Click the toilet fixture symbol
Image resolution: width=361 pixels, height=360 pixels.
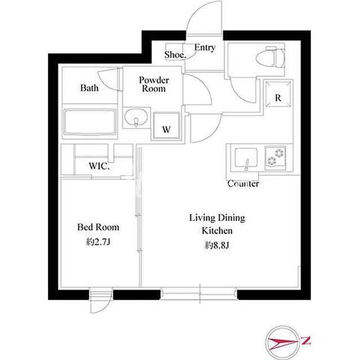tap(270, 57)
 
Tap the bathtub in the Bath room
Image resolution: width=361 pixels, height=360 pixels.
tap(90, 122)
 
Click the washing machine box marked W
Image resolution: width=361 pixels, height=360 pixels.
tap(167, 126)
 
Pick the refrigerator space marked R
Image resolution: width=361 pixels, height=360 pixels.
tap(278, 93)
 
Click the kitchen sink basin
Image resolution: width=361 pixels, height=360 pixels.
tap(246, 158)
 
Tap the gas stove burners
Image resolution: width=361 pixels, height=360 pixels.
tap(275, 157)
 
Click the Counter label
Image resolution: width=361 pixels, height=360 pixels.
tap(243, 184)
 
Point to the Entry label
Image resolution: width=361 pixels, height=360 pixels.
tap(205, 48)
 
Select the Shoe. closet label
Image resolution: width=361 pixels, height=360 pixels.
tap(175, 55)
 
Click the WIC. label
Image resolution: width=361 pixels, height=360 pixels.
tap(99, 166)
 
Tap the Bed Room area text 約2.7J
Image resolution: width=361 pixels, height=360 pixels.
tap(99, 242)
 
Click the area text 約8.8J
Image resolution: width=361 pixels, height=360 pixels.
tap(217, 246)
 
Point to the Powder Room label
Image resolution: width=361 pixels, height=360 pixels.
tap(154, 84)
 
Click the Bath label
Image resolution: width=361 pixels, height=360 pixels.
tap(89, 88)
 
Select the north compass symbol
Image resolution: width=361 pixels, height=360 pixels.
tap(283, 341)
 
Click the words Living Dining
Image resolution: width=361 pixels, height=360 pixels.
tap(217, 218)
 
